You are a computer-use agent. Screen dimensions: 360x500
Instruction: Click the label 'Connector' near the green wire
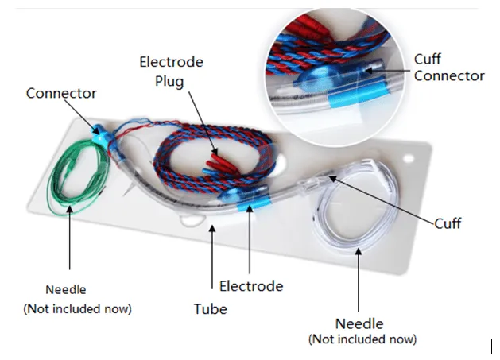coord(61,93)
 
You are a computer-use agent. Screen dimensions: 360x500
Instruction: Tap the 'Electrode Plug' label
coord(171,71)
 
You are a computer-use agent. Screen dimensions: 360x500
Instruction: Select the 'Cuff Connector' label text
coord(448,68)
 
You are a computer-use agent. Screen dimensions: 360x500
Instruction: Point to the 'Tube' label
coord(210,308)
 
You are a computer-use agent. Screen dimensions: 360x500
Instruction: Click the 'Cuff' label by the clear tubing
coord(448,223)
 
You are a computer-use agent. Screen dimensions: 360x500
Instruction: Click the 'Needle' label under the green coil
coord(66,289)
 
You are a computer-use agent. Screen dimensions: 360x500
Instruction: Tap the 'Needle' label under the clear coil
coord(359,323)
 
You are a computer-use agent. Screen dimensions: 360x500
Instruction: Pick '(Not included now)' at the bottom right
coord(362,339)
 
